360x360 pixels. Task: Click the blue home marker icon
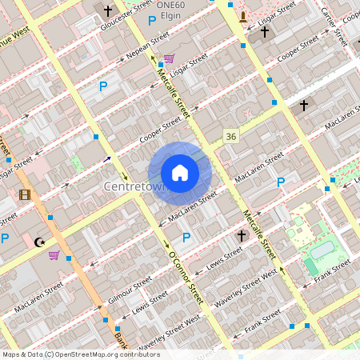(x=179, y=173)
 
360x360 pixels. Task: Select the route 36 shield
(x=231, y=137)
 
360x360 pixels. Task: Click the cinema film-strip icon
(x=25, y=194)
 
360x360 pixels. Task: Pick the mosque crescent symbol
(x=38, y=241)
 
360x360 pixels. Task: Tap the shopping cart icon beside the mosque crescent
(x=54, y=255)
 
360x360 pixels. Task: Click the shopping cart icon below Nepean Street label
(x=169, y=58)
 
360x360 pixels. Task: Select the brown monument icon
(x=243, y=17)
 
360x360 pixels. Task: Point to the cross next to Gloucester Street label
(x=108, y=11)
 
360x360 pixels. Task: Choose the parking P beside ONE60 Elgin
(x=152, y=20)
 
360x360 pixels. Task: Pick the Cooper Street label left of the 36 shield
(x=160, y=130)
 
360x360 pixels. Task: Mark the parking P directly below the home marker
(x=186, y=238)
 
